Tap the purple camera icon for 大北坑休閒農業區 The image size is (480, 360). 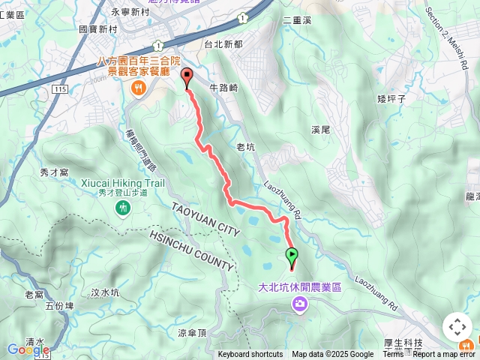tap(300, 304)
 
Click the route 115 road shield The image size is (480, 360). tap(61, 89)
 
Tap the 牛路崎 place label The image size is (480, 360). tap(223, 88)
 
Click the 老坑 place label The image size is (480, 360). tap(246, 147)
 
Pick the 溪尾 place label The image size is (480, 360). tap(321, 129)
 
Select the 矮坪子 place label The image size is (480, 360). tap(391, 98)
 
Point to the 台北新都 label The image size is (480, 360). tap(223, 44)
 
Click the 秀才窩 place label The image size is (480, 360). tap(54, 172)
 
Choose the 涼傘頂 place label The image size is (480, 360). tap(192, 333)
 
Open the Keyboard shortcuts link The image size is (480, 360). tap(250, 355)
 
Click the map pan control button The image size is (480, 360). tap(457, 327)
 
